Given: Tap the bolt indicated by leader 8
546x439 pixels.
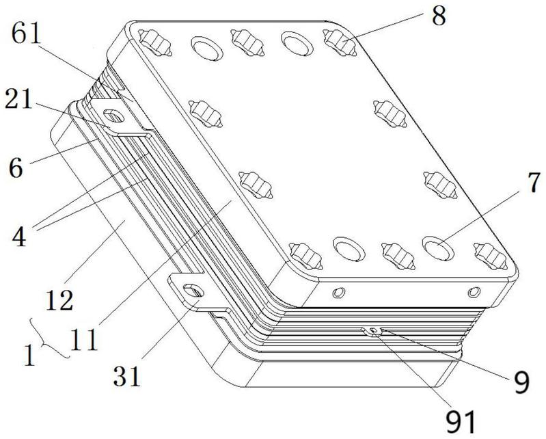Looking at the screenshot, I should coord(339,44).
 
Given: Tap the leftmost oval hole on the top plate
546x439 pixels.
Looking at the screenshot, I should coord(204,46).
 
